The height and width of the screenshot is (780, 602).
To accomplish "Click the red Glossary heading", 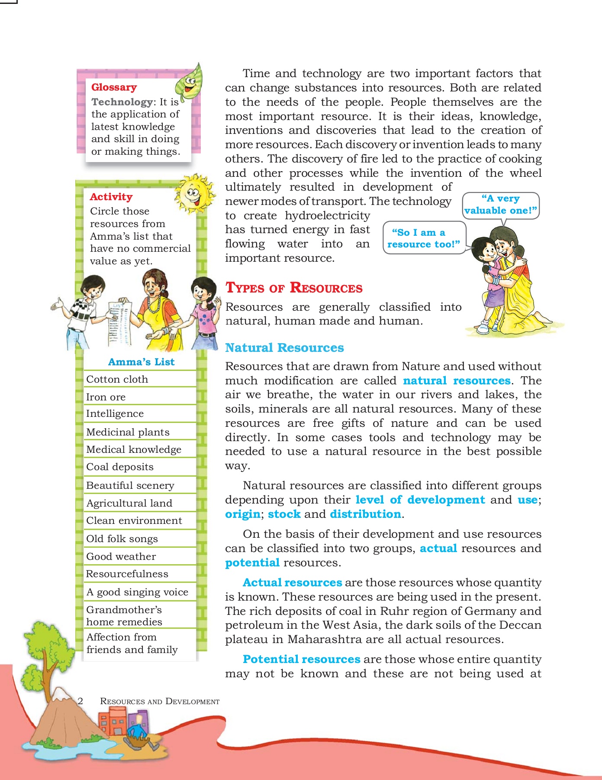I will (114, 88).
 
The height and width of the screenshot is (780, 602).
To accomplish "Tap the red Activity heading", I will (111, 197).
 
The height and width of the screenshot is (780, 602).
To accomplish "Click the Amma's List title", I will (141, 362).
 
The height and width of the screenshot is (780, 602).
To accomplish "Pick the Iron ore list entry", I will (106, 397).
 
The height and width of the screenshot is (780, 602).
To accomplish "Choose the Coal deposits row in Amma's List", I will (120, 467).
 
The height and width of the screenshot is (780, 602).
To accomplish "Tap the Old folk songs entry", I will (122, 539).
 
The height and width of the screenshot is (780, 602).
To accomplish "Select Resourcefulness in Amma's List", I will (127, 574).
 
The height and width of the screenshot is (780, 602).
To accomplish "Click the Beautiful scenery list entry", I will (130, 485).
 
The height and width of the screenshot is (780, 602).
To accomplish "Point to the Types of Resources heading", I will (294, 288).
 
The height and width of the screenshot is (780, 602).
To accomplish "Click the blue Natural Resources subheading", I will (284, 348).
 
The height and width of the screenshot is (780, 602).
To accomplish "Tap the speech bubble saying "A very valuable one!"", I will (500, 205).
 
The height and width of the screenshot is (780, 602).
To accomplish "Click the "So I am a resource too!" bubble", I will (424, 238).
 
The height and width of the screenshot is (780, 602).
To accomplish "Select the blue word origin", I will (242, 514).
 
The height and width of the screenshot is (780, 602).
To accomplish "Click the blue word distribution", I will (366, 514).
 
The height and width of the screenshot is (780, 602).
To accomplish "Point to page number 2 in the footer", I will (80, 701).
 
